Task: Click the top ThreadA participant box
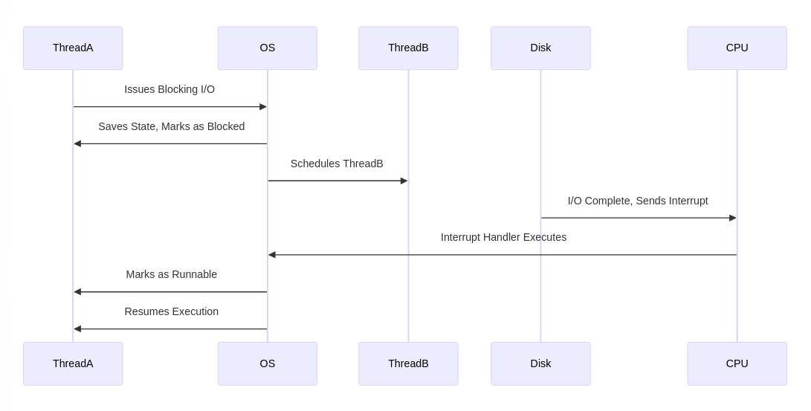pyautogui.click(x=73, y=48)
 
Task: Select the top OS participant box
pyautogui.click(x=268, y=48)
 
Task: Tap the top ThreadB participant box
pyautogui.click(x=408, y=48)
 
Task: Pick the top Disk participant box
pyautogui.click(x=540, y=48)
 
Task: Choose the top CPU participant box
pyautogui.click(x=737, y=48)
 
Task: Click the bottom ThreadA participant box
pyautogui.click(x=73, y=363)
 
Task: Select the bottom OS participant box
pyautogui.click(x=268, y=363)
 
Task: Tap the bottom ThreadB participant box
pyautogui.click(x=408, y=363)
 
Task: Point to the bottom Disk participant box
pyautogui.click(x=540, y=363)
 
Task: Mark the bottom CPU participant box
pyautogui.click(x=737, y=363)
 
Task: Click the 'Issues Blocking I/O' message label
pyautogui.click(x=169, y=89)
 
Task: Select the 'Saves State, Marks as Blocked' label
pyautogui.click(x=171, y=126)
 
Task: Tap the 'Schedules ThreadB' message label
pyautogui.click(x=337, y=164)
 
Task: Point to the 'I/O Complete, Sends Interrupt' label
pyautogui.click(x=638, y=201)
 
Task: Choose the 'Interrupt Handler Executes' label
pyautogui.click(x=503, y=237)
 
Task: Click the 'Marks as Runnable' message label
pyautogui.click(x=171, y=274)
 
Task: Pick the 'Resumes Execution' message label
pyautogui.click(x=171, y=311)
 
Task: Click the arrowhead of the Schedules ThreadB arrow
pyautogui.click(x=404, y=181)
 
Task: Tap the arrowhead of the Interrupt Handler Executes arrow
pyautogui.click(x=272, y=255)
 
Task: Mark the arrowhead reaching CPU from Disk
pyautogui.click(x=732, y=218)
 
